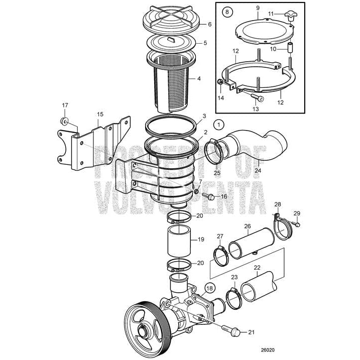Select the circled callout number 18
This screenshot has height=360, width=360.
[x=209, y=288]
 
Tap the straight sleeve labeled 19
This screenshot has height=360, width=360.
[x=181, y=239]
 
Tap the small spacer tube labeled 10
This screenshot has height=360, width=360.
[x=290, y=51]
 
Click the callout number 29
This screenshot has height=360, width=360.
[x=296, y=214]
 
